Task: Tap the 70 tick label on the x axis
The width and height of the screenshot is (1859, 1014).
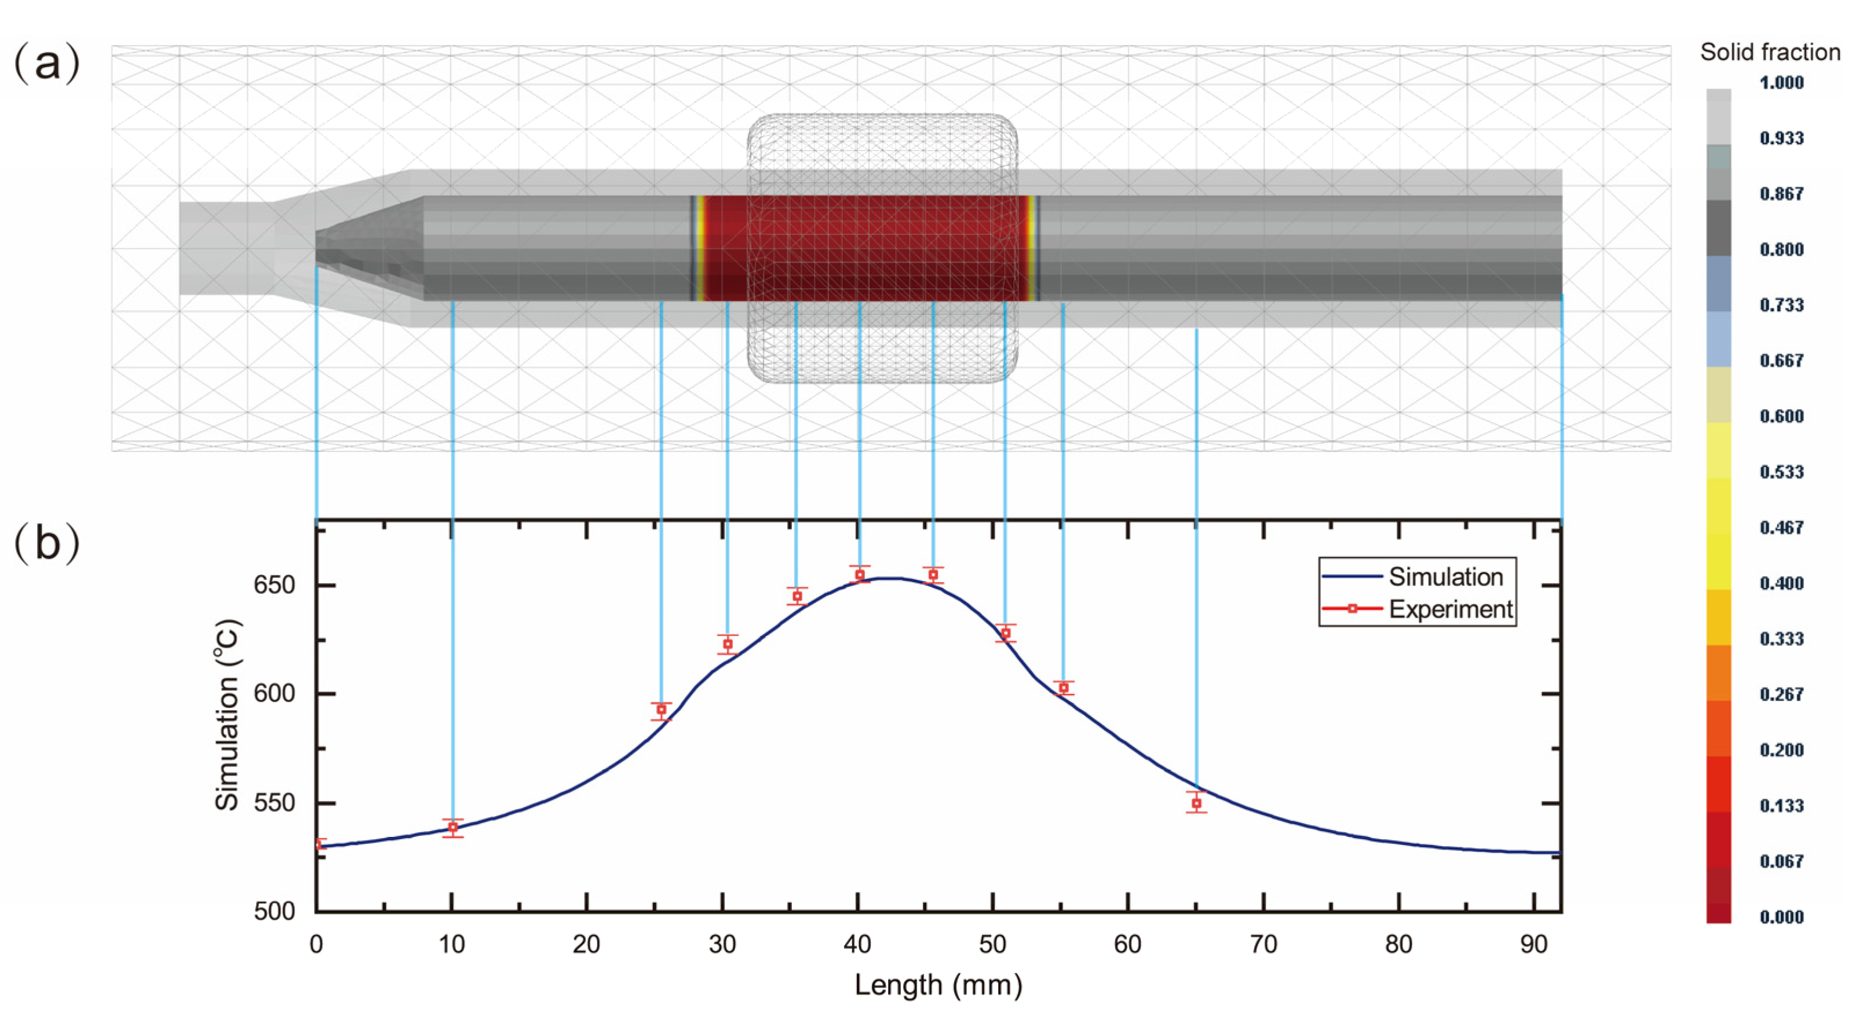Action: (x=1263, y=945)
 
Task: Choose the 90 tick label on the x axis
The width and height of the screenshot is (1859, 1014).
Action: (x=1534, y=945)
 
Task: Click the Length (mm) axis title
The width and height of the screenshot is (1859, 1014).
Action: (x=938, y=985)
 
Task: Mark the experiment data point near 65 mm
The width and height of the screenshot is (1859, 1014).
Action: (x=1196, y=803)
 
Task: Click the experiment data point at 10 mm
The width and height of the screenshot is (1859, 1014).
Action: (x=452, y=827)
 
